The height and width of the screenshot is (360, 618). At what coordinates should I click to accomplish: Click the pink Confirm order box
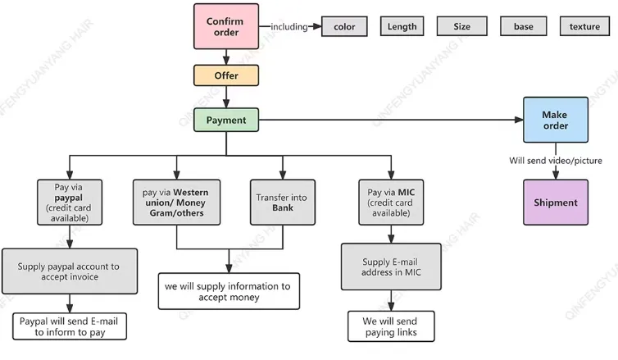(x=226, y=26)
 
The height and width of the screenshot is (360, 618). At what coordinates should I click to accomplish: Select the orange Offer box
(x=226, y=75)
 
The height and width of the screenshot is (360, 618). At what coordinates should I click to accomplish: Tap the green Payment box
(x=226, y=121)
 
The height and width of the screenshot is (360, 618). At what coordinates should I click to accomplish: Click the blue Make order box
(x=555, y=120)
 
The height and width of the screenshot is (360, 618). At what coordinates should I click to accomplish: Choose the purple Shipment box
(x=555, y=203)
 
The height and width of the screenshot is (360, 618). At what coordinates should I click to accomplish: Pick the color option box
(x=344, y=26)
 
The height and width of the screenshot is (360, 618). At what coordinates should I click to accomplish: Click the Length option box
(x=402, y=26)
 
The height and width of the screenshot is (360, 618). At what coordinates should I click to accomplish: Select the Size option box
(x=462, y=26)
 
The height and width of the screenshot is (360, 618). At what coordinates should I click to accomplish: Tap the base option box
(x=524, y=26)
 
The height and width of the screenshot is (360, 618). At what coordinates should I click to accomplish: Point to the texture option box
(x=584, y=26)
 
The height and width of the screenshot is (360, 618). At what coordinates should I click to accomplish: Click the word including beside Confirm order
(x=289, y=27)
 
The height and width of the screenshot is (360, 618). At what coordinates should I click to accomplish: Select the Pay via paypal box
(x=69, y=203)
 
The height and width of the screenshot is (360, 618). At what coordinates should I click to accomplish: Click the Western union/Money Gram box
(x=175, y=203)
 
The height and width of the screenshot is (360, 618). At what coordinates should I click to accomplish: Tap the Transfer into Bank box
(x=282, y=203)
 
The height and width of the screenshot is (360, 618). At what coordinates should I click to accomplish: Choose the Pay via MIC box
(x=391, y=203)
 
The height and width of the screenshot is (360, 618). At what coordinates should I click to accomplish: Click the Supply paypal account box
(x=69, y=271)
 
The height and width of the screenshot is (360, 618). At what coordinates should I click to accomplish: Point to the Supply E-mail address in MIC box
(x=391, y=267)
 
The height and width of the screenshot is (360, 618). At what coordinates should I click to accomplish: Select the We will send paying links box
(x=391, y=326)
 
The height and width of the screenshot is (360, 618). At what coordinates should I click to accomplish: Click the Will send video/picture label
(x=555, y=161)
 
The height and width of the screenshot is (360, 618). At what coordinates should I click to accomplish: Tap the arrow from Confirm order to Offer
(x=226, y=57)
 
